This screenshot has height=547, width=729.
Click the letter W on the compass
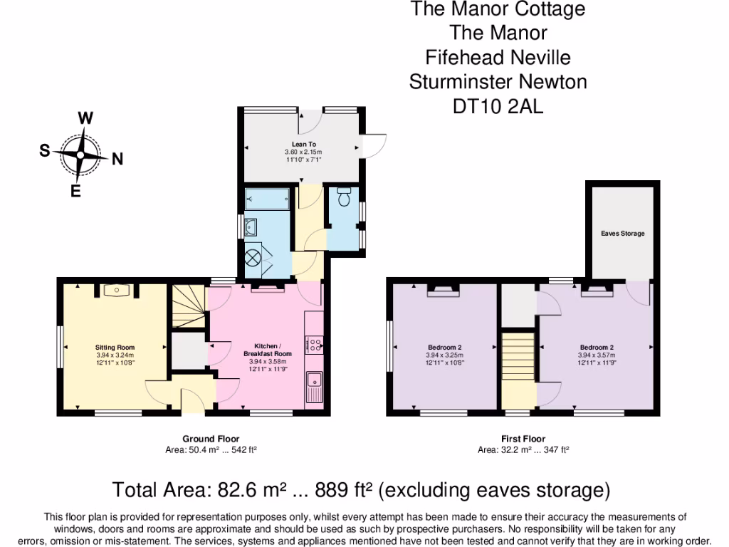tap(85, 118)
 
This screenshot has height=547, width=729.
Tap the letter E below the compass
tap(75, 190)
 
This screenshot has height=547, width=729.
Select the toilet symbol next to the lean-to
tap(345, 197)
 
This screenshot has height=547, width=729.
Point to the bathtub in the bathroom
tap(267, 199)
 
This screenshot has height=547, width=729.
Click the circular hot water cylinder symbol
tap(254, 257)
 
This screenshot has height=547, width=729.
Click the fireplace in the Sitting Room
tap(115, 290)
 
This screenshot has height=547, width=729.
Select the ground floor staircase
tap(187, 307)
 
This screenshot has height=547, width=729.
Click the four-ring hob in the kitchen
tap(314, 345)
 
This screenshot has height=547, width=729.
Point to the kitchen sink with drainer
tap(314, 389)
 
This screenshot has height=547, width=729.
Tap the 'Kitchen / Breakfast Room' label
tap(268, 349)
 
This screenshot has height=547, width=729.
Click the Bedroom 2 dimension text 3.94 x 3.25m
tap(444, 355)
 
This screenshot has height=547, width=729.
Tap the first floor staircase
tap(518, 370)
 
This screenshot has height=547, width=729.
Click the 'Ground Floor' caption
tap(211, 439)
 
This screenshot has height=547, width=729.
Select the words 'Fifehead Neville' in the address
tap(498, 57)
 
